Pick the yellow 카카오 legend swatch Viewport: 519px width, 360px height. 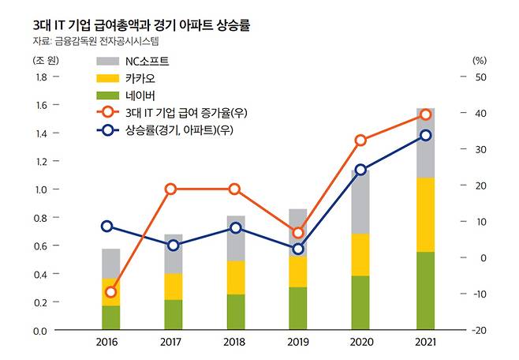click(x=108, y=78)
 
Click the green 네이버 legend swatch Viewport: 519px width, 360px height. click(x=108, y=96)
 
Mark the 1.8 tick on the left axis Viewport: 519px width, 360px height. click(x=40, y=77)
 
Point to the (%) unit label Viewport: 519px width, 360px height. click(x=479, y=59)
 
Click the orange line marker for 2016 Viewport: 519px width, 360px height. click(x=110, y=291)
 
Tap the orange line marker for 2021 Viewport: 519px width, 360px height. click(x=425, y=114)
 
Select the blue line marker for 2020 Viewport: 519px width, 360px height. click(x=360, y=170)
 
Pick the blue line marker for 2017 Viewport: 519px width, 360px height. click(x=174, y=246)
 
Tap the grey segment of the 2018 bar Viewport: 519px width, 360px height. click(x=235, y=238)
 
